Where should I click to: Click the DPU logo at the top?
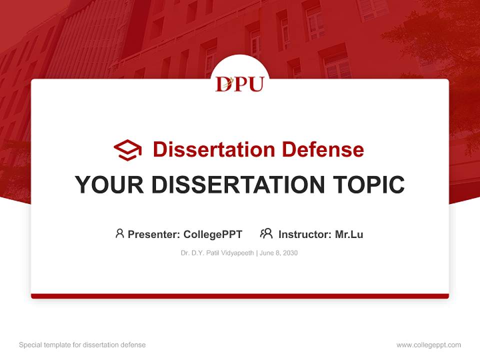tap(239, 83)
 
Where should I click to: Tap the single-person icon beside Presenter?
tap(119, 233)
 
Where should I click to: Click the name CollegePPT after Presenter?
tap(213, 234)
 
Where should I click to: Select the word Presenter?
tap(154, 234)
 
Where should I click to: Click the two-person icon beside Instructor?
tap(266, 233)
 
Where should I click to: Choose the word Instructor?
tap(305, 234)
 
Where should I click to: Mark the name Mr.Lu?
tap(349, 234)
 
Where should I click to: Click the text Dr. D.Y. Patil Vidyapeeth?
tap(217, 253)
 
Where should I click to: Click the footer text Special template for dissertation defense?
tap(82, 345)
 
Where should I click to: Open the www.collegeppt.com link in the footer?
tap(428, 345)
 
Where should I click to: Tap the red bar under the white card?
tap(240, 296)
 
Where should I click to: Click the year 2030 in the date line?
tap(290, 253)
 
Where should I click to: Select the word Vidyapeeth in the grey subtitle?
tap(238, 253)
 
